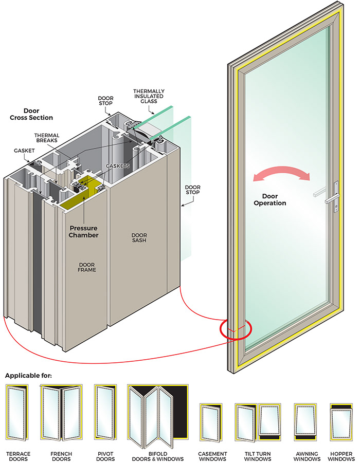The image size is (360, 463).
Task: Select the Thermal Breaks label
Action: tap(47, 138)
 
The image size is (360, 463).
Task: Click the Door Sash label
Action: tap(138, 237)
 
